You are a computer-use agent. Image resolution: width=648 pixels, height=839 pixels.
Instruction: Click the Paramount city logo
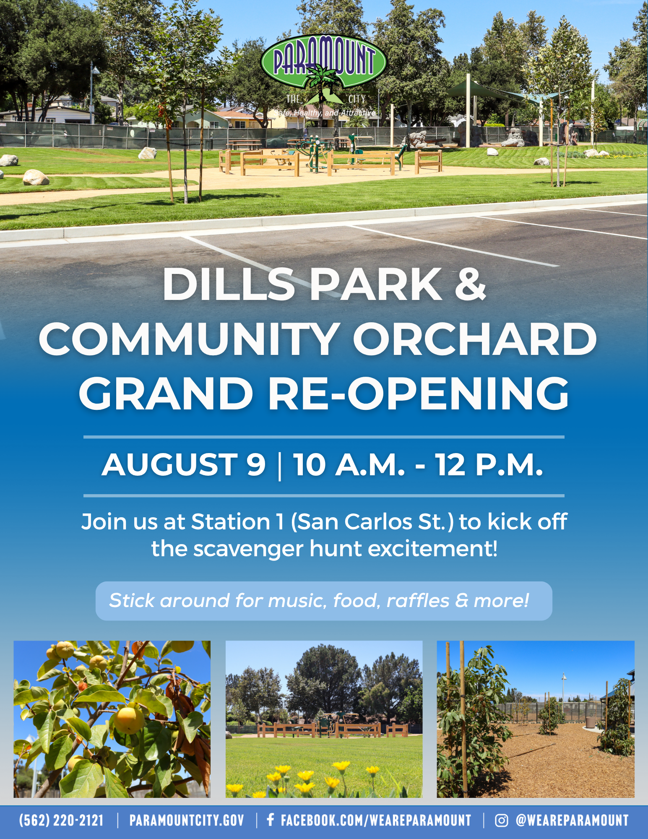(323, 76)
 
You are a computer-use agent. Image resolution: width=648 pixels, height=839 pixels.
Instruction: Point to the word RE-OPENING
(418, 393)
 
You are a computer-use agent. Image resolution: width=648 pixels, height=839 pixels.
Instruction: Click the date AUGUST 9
(184, 465)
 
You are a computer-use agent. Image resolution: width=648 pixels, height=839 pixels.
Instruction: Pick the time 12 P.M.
(489, 465)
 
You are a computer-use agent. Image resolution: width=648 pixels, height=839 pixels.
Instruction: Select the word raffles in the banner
(417, 600)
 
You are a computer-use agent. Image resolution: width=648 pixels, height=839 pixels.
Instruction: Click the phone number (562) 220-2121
(61, 821)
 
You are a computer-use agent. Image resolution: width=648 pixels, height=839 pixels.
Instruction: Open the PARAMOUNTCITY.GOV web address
(187, 821)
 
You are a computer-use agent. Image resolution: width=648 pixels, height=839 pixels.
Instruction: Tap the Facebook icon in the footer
(271, 820)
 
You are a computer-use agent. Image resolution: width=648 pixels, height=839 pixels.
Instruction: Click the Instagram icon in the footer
(501, 821)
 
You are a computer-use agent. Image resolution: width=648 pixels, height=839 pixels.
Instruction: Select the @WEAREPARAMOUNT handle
(572, 821)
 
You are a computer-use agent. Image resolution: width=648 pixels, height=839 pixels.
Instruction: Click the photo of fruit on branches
(112, 719)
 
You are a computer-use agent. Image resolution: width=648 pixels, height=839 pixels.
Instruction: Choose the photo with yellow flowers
(324, 719)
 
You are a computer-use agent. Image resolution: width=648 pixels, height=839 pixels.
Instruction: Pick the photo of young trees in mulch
(536, 719)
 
